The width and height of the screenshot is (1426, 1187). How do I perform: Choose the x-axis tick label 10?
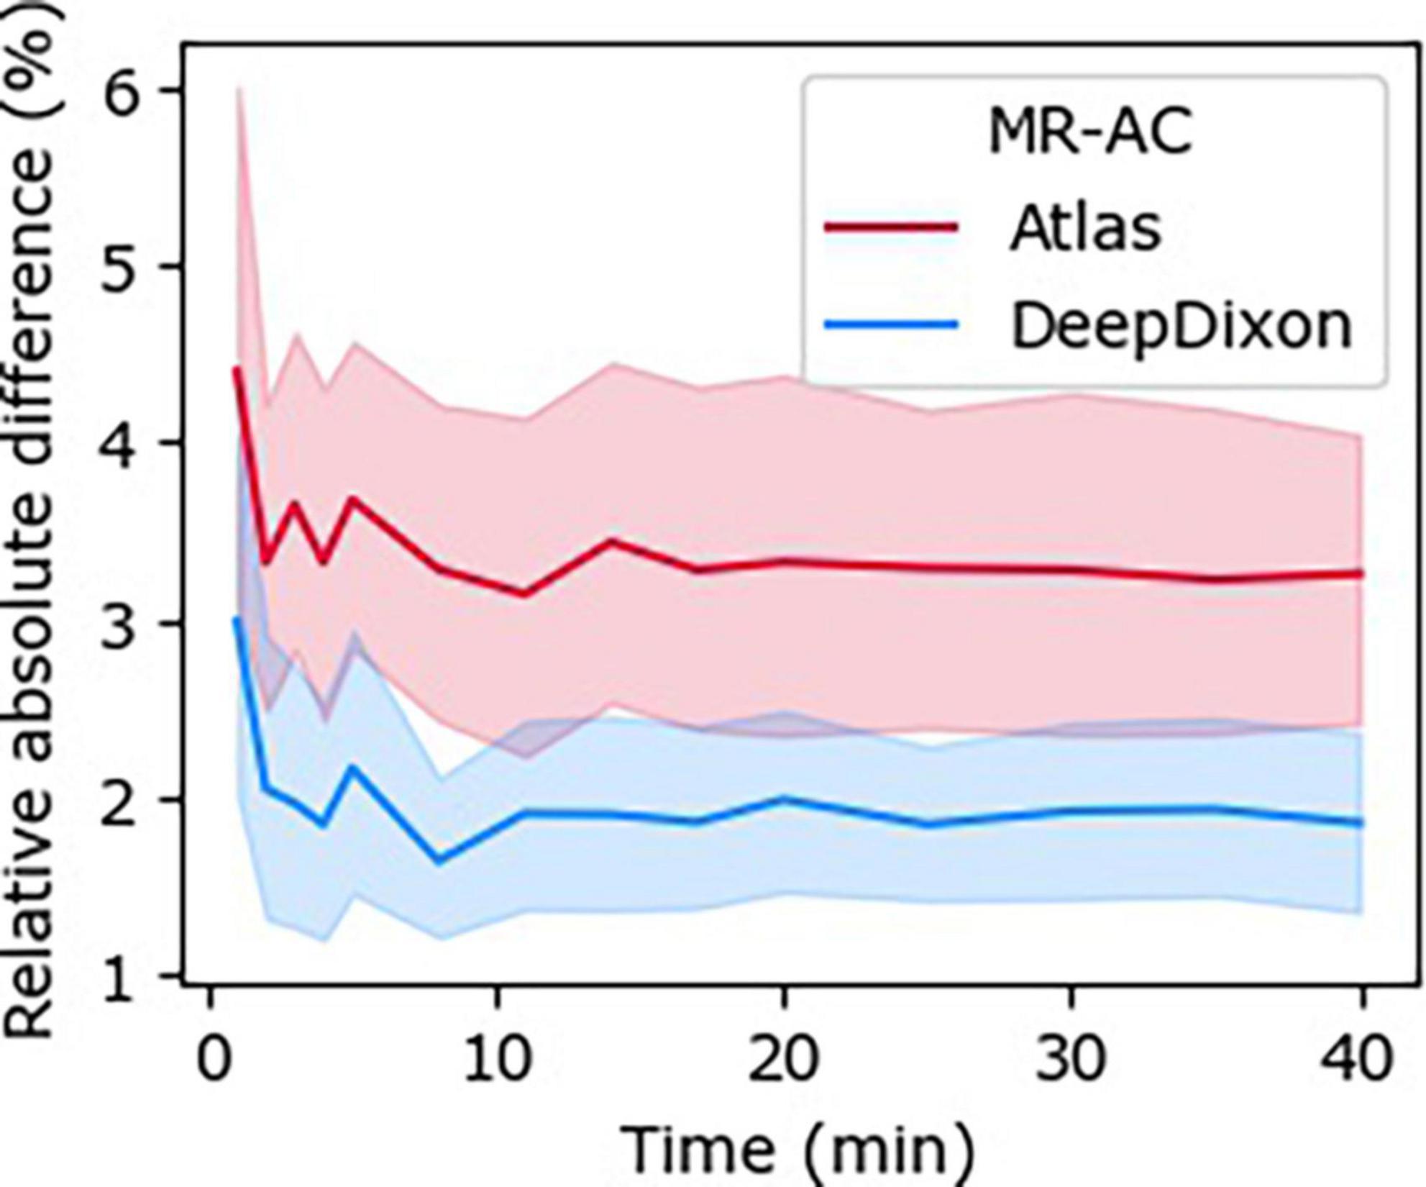tap(495, 1061)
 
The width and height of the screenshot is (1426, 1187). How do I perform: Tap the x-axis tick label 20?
tap(784, 1061)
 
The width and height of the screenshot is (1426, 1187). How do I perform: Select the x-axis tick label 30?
tap(1071, 1061)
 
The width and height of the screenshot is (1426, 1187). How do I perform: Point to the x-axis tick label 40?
tap(1359, 1061)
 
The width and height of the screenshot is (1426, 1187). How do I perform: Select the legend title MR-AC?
tap(1090, 133)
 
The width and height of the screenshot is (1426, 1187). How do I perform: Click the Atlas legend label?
tap(1086, 229)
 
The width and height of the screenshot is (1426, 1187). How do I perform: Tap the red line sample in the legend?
tap(892, 228)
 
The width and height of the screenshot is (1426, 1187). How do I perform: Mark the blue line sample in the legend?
tap(892, 325)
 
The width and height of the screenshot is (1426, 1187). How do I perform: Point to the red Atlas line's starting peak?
tap(237, 369)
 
